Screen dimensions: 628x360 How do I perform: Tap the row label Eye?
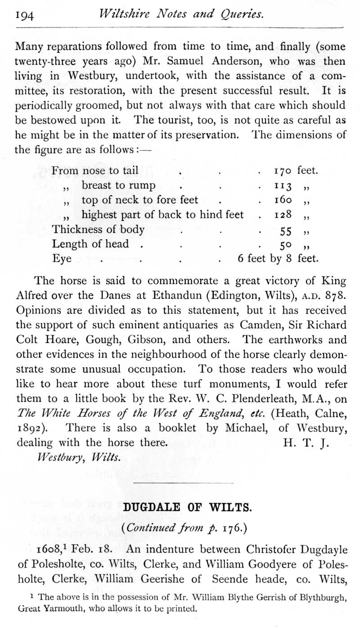point(62,259)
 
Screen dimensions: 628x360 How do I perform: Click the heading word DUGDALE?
point(152,507)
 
